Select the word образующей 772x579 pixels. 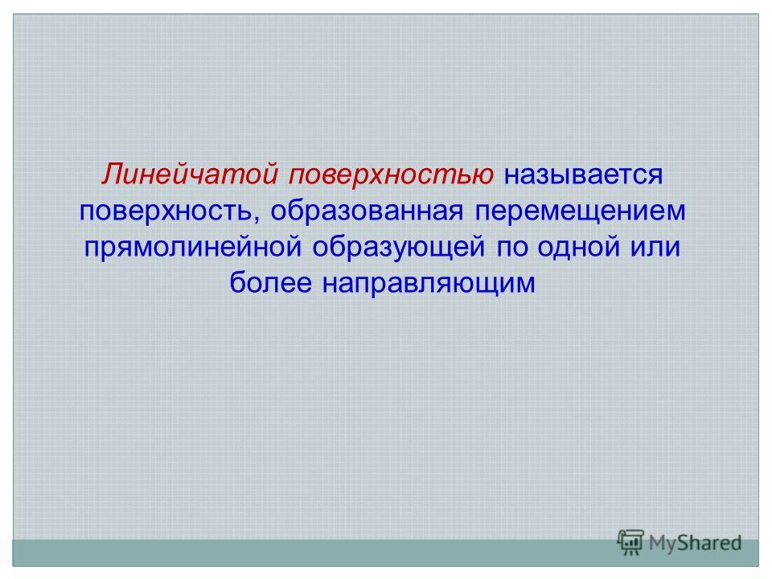click(x=399, y=247)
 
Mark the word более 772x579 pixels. click(x=271, y=282)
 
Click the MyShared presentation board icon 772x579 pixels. click(x=630, y=542)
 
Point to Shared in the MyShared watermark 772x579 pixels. click(x=710, y=543)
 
